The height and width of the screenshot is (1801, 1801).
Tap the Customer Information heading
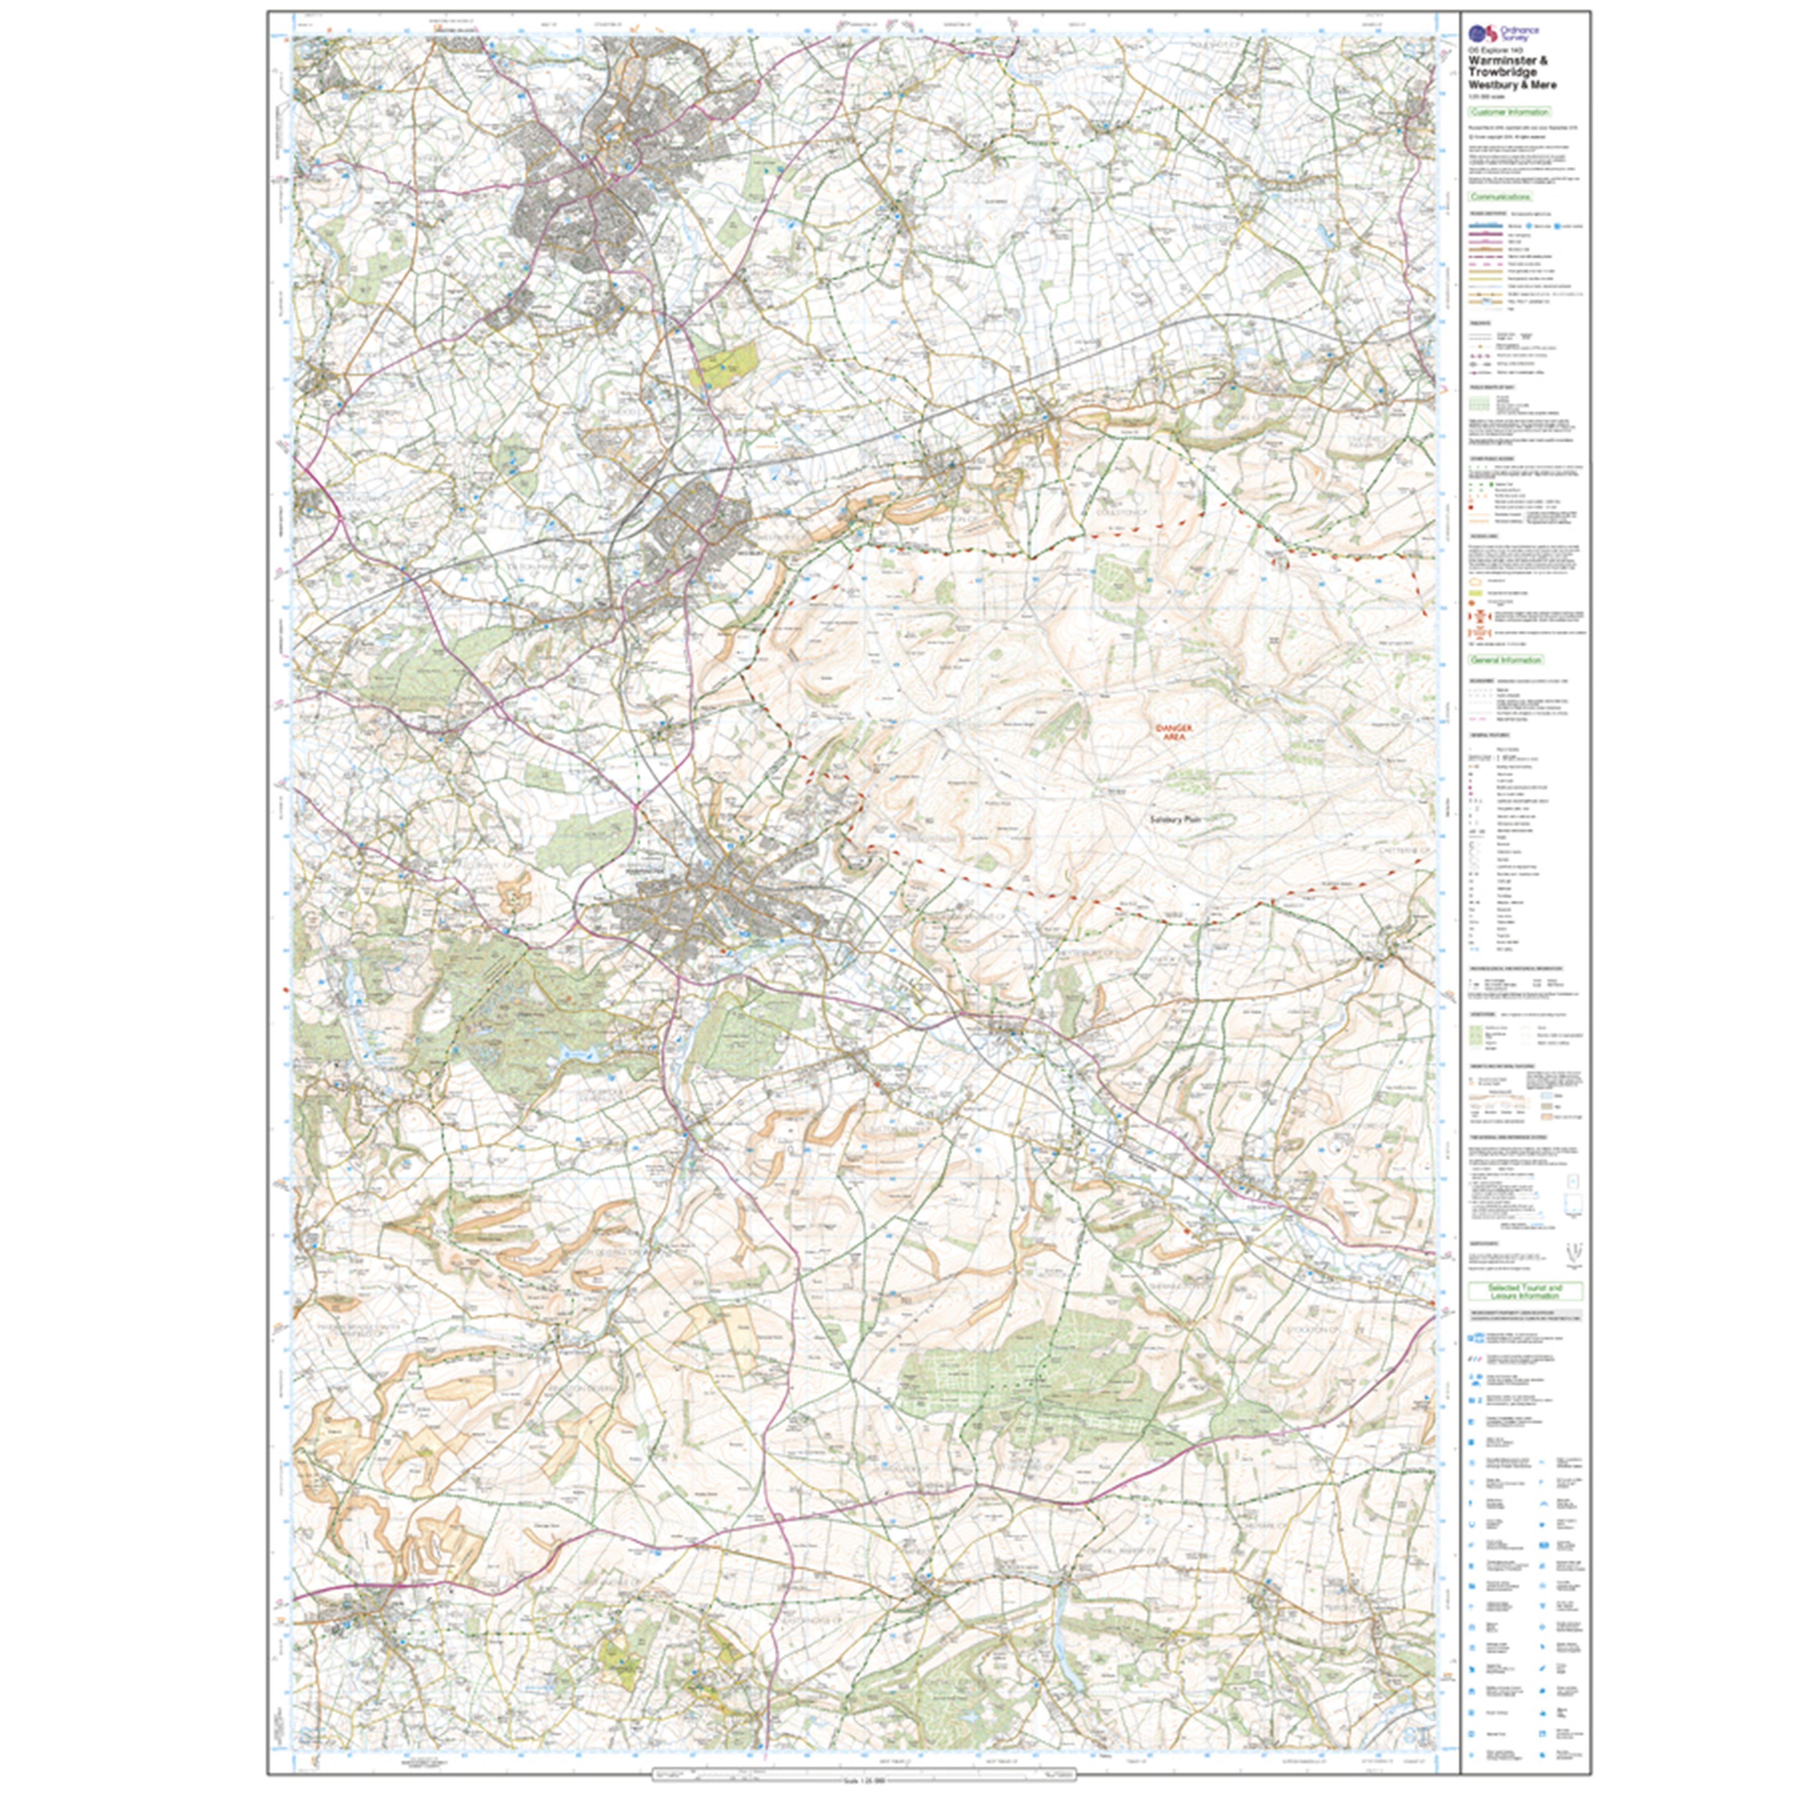(x=1508, y=112)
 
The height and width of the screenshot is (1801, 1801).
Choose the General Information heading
(x=1506, y=659)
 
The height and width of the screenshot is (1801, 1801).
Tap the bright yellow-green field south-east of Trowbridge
(x=727, y=363)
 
